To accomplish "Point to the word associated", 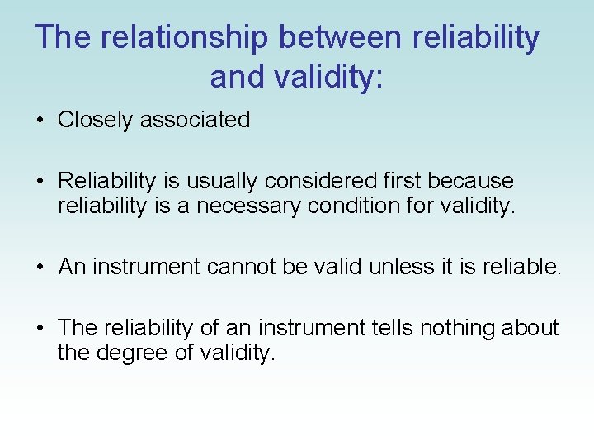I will [195, 120].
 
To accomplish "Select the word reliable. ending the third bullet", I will [516, 267].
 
